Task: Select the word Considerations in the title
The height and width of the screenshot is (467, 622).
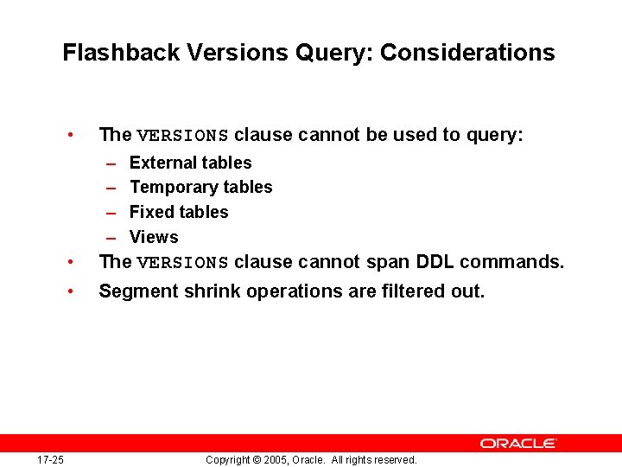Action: tap(467, 53)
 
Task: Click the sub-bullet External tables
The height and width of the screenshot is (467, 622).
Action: tap(190, 163)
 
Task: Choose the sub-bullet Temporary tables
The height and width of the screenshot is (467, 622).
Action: tap(200, 187)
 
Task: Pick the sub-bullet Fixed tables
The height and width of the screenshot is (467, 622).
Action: tap(179, 212)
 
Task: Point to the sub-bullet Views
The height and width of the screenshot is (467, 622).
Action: tap(154, 237)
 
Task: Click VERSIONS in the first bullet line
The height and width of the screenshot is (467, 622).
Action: tap(182, 136)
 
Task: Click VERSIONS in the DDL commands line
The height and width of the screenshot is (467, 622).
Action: tap(182, 263)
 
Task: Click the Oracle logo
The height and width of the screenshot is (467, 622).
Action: tap(518, 443)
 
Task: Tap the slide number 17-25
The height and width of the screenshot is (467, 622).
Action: tap(50, 460)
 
